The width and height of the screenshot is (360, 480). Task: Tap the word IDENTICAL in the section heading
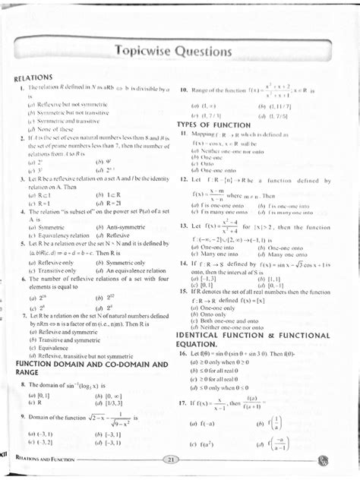tap(205, 335)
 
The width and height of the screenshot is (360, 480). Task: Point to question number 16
tap(184, 353)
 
